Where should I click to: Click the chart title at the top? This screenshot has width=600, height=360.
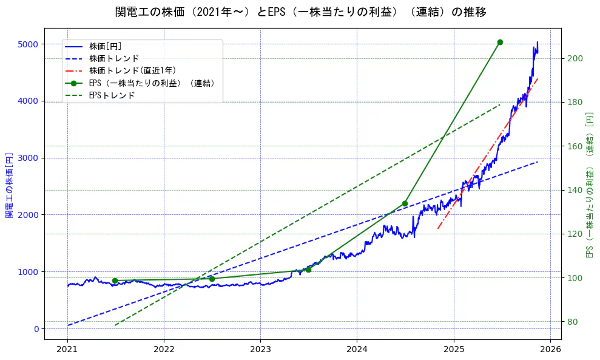(x=300, y=12)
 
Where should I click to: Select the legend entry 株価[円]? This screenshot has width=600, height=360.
(x=105, y=46)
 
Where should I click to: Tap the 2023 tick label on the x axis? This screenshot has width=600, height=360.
(x=260, y=349)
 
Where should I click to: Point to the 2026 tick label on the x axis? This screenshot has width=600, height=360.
(x=550, y=349)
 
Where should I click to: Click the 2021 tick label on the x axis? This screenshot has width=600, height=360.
(x=67, y=349)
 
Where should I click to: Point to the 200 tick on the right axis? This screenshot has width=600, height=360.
(x=575, y=58)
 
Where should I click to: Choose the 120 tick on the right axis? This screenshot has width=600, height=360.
(x=575, y=234)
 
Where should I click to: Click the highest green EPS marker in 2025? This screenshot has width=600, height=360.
(x=500, y=42)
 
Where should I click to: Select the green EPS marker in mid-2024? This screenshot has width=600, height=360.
(x=405, y=203)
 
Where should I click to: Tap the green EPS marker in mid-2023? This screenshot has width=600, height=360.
(x=308, y=270)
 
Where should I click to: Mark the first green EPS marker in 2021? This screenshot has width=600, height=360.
(x=115, y=280)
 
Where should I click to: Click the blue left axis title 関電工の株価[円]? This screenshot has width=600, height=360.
(x=8, y=184)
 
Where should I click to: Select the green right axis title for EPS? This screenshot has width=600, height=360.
(x=589, y=184)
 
